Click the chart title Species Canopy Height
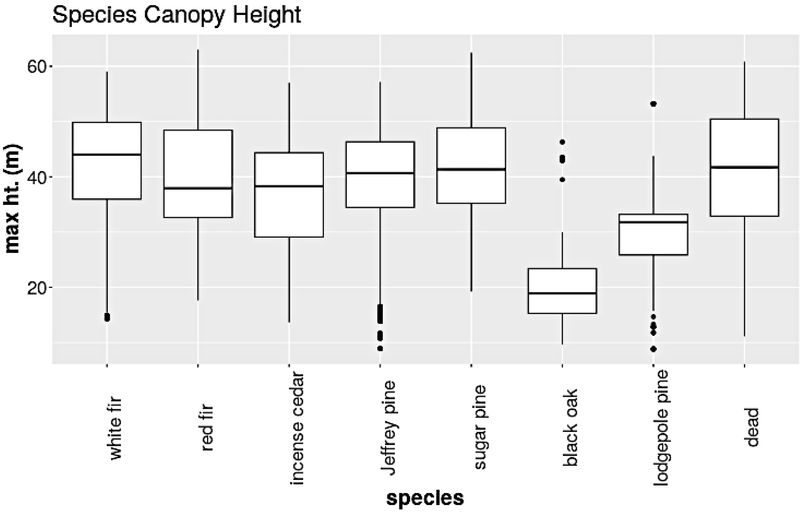pos(177,15)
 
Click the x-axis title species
pos(425,498)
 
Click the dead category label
pos(753,427)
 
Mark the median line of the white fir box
pos(107,155)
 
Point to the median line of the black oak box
pos(562,294)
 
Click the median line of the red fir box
pos(198,188)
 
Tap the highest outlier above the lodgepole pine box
pos(653,104)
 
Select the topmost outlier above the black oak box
pos(562,142)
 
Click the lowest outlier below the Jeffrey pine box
pos(380,349)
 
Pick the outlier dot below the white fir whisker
pos(107,317)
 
